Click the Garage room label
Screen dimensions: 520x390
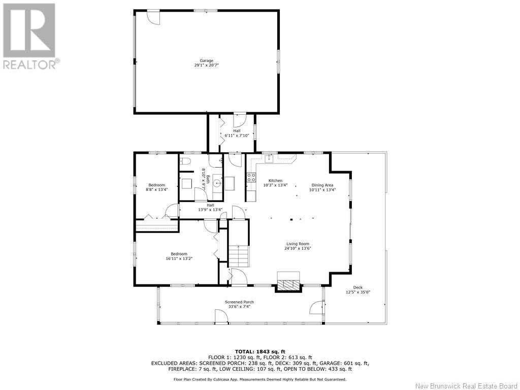pos(206,61)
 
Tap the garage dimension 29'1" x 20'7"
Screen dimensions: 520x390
pos(206,66)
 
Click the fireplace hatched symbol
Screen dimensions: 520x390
pos(288,284)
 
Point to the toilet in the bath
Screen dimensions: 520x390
pos(185,162)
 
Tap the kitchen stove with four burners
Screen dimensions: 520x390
pos(251,177)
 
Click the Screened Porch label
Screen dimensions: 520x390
pos(239,302)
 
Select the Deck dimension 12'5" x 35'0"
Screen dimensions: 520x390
pos(358,292)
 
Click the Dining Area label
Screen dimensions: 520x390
pos(322,185)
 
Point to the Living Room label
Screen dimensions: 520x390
pos(298,244)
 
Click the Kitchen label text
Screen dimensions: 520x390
pos(275,181)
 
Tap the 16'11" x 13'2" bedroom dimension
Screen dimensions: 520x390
pos(179,258)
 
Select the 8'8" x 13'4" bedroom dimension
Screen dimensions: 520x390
pos(156,190)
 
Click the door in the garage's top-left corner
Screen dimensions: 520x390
pos(153,17)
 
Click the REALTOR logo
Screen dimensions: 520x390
pos(30,36)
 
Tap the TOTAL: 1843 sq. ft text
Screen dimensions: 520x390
pos(260,351)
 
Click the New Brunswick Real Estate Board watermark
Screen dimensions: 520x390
pos(466,386)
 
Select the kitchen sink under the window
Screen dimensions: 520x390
pos(269,159)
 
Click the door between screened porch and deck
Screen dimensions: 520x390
pos(317,307)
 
